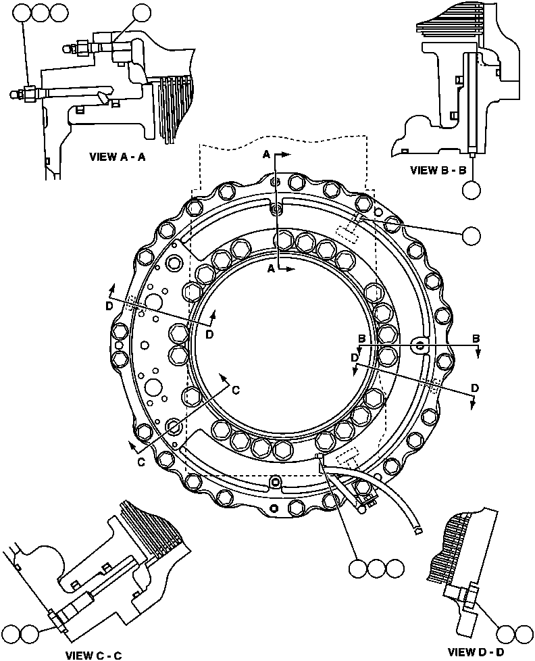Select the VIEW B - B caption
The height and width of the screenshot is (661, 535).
tap(438, 170)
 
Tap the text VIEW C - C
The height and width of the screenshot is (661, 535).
tap(93, 654)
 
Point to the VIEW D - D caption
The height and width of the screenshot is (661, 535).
tap(476, 652)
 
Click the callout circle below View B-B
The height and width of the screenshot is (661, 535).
tap(473, 191)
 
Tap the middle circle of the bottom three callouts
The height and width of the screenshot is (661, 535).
tap(377, 569)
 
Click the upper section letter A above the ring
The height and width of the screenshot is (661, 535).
tap(266, 155)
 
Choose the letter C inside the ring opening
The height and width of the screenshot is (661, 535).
tap(236, 389)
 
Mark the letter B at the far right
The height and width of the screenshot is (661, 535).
tap(476, 337)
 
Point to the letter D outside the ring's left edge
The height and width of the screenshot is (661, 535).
tap(109, 305)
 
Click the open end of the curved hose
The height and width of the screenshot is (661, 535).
tap(419, 530)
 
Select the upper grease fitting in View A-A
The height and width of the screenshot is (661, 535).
tap(68, 48)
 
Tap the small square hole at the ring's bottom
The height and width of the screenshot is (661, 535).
tap(273, 508)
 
